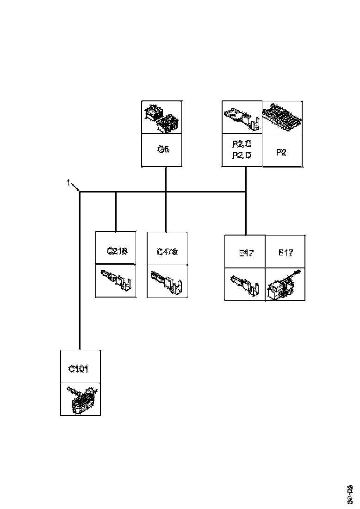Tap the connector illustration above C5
click(x=161, y=118)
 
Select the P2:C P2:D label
click(x=242, y=150)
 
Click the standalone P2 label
click(x=282, y=152)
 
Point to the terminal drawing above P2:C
click(x=242, y=118)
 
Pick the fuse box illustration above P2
click(x=282, y=118)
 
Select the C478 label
click(x=167, y=252)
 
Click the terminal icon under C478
click(x=167, y=281)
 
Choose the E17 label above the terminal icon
click(x=245, y=253)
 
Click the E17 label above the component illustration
click(x=286, y=253)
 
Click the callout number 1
click(x=68, y=183)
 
